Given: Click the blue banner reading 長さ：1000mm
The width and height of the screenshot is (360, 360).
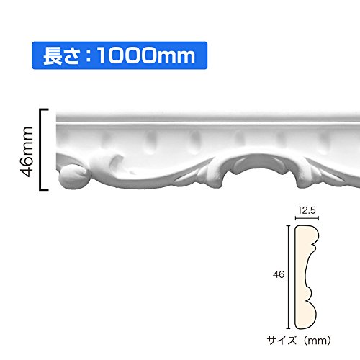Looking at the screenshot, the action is point(120,55).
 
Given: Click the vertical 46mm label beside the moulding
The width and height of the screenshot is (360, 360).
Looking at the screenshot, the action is point(27,152).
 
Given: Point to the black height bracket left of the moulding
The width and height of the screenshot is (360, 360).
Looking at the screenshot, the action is point(40,149).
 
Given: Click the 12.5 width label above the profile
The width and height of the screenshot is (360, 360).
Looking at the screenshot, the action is point(307,210).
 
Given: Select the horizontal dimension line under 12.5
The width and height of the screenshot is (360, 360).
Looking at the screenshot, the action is point(307,218).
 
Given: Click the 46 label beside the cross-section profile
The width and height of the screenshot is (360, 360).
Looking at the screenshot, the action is point(279,274).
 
